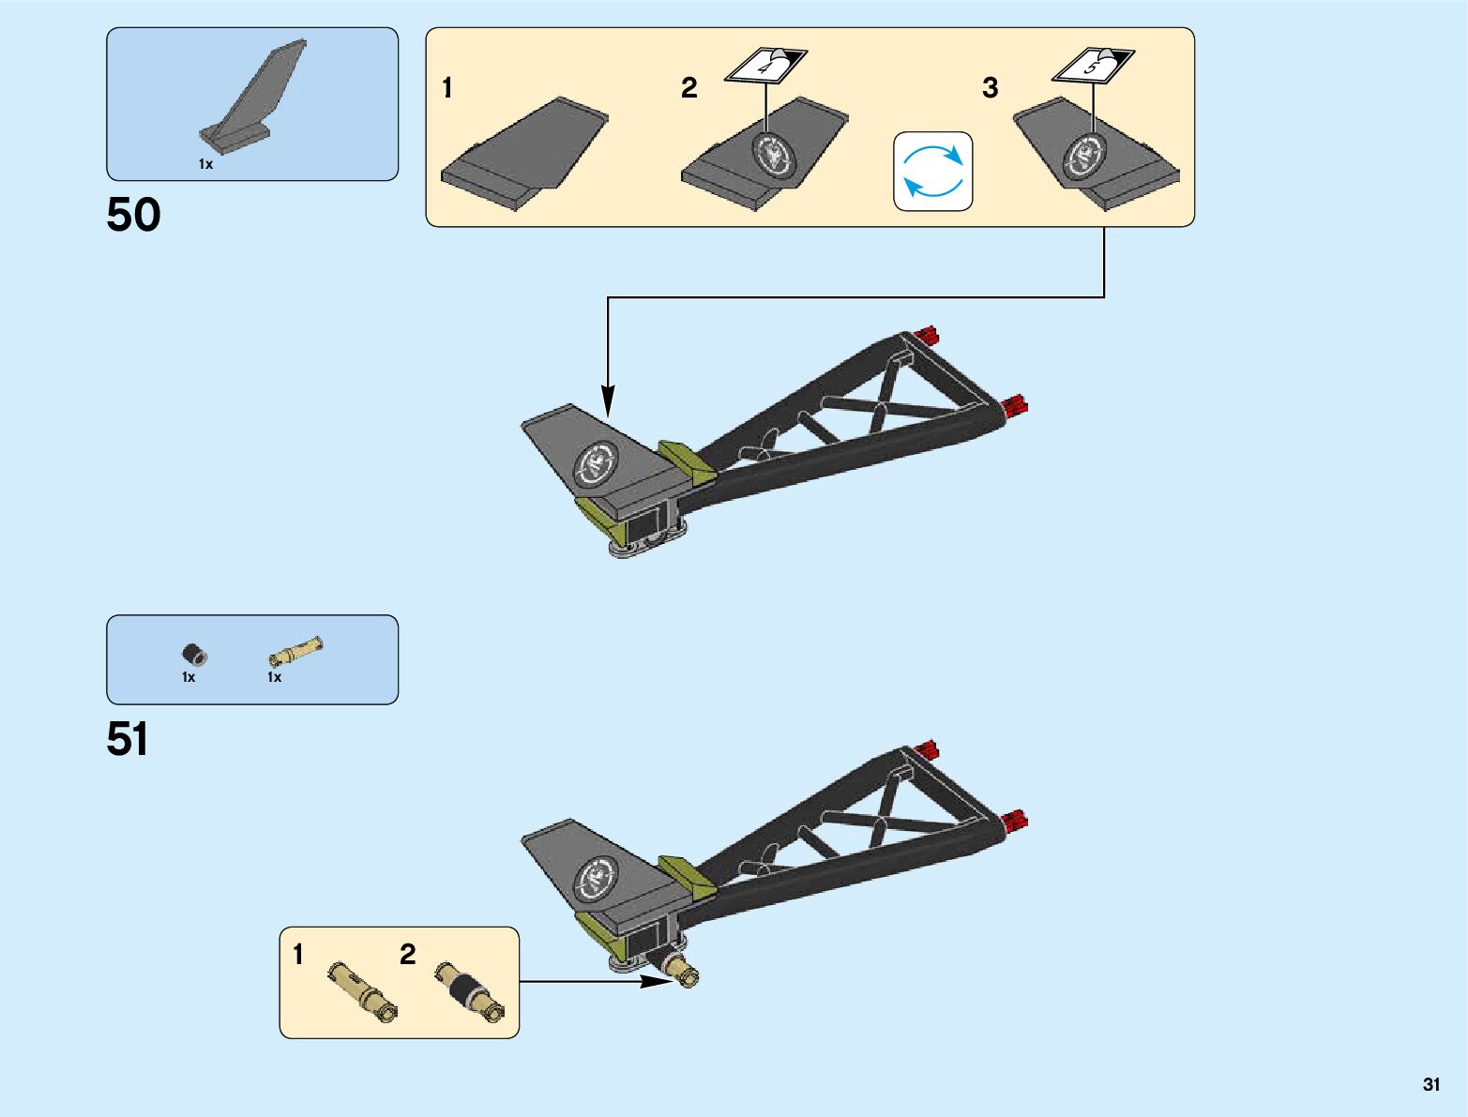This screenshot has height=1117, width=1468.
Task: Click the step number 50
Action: tap(133, 215)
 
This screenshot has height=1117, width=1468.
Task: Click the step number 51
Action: tap(128, 739)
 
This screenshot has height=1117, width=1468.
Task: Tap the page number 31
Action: tap(1430, 1084)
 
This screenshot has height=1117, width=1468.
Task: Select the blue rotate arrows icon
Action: tap(932, 171)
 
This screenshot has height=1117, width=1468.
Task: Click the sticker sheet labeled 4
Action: tap(765, 67)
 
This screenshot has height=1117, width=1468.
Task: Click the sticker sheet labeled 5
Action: tap(1093, 66)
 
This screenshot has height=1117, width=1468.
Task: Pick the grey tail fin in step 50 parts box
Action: tap(251, 98)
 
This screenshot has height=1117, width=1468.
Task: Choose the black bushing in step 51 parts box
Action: tap(194, 655)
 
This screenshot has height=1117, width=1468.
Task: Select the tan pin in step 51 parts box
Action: tap(295, 650)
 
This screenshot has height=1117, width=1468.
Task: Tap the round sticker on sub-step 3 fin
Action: tap(1084, 156)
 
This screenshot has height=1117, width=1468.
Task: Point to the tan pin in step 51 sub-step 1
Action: tap(363, 990)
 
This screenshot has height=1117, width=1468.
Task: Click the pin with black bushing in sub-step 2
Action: tap(469, 990)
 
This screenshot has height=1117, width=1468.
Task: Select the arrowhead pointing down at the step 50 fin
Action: tap(608, 401)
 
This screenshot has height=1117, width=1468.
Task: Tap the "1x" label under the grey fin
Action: tap(205, 164)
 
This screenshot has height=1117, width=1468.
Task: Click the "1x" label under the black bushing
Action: tap(189, 677)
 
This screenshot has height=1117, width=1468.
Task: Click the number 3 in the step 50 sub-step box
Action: tap(990, 88)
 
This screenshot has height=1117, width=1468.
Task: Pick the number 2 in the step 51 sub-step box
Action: tap(407, 955)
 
